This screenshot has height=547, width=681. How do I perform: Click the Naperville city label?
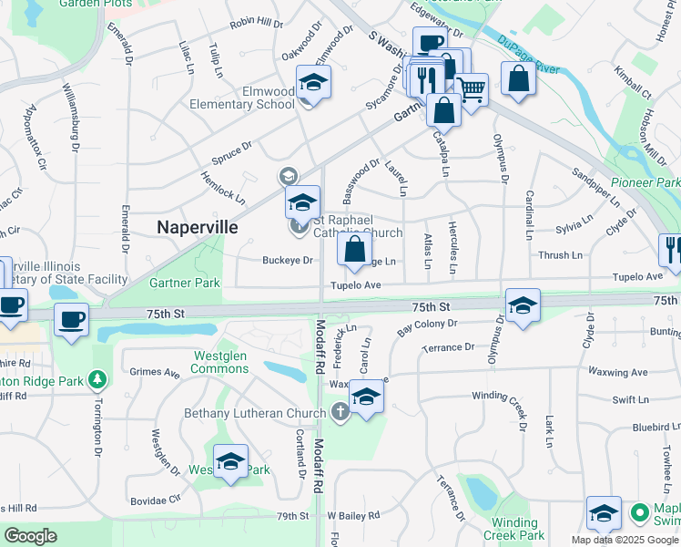[198, 227]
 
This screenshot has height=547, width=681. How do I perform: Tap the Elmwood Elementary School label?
[242, 98]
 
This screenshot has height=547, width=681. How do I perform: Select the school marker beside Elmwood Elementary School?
[313, 84]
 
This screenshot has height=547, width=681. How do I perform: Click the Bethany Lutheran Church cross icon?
[340, 413]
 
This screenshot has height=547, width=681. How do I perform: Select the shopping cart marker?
[471, 89]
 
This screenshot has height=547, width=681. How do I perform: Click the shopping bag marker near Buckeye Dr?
[354, 249]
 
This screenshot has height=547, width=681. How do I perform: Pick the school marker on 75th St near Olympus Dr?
[523, 307]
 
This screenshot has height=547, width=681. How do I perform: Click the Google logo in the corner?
[30, 536]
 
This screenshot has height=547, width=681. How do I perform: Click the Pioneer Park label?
[645, 183]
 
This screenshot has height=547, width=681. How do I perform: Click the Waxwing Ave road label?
[616, 372]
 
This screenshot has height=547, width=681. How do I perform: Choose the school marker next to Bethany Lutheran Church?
[366, 397]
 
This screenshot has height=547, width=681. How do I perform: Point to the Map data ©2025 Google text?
[625, 540]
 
